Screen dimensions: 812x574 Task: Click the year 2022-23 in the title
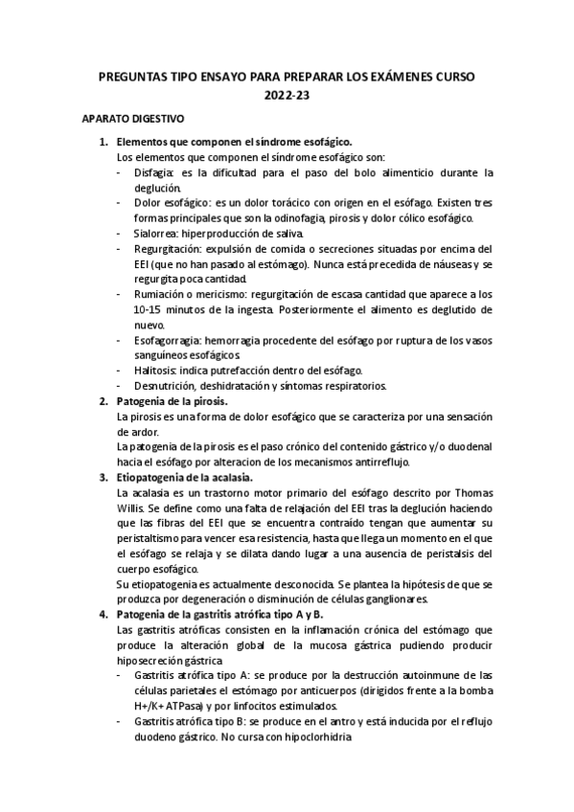tap(287, 95)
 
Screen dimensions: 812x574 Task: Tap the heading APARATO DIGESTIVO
tap(132, 120)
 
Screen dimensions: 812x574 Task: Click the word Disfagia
tap(155, 173)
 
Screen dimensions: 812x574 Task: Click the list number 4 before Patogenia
tap(104, 614)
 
